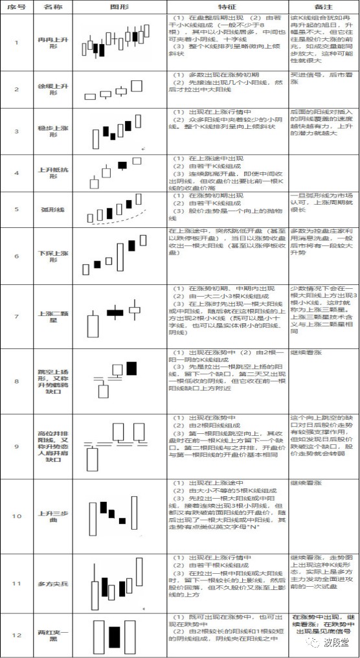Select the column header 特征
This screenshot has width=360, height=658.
coord(227,5)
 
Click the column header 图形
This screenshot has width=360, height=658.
coord(118,5)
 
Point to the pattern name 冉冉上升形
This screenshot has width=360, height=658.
coord(52,43)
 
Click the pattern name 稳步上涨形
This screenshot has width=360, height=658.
coord(52,131)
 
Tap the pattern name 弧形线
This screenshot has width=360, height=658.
coord(52,210)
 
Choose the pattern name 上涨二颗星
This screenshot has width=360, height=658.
coord(52,315)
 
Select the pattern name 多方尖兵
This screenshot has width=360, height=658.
coord(52,584)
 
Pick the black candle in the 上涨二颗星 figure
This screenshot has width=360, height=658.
coord(115,313)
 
